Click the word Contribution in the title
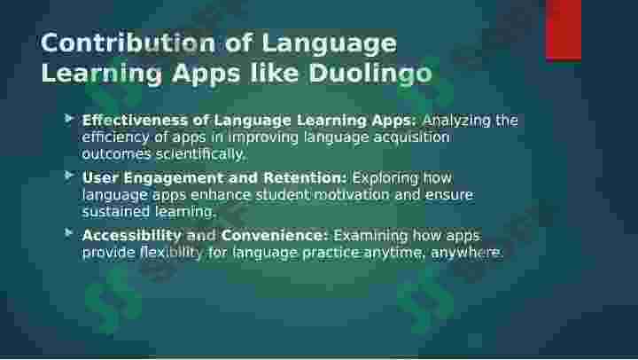point(128,43)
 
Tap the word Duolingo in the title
point(370,74)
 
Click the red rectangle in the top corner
point(564,30)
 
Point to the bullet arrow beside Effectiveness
point(69,119)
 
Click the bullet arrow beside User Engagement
point(69,176)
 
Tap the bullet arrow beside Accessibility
point(69,233)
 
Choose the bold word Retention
point(305,177)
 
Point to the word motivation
point(352,195)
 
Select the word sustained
point(116,211)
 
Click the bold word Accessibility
point(132,235)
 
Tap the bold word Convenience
point(275,235)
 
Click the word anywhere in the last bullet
point(467,253)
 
